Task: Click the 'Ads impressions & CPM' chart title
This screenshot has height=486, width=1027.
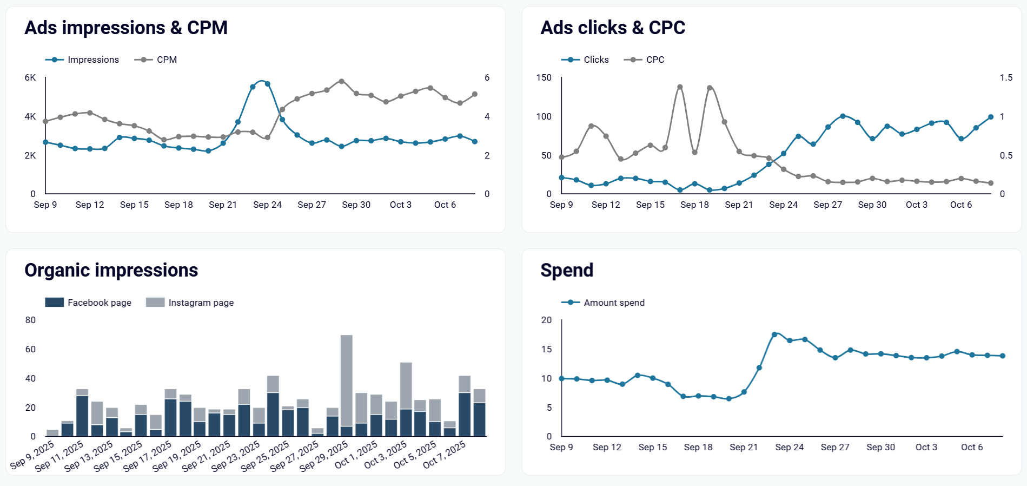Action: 125,28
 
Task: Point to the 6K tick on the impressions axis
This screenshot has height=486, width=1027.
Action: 30,77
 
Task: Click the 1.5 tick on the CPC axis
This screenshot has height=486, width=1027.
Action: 1005,77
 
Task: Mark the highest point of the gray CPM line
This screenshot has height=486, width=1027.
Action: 341,81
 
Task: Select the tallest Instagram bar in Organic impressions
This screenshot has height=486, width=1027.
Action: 347,379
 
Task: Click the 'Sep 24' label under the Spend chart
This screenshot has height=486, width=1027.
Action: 789,447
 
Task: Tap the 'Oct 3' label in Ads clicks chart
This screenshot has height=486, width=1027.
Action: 916,205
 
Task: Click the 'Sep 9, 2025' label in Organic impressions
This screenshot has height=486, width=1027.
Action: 32,455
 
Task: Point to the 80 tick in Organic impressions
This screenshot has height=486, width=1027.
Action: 30,320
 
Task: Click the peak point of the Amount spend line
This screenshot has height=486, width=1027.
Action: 774,334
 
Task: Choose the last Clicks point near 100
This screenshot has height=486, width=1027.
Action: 991,117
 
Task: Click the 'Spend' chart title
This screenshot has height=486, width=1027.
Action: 567,270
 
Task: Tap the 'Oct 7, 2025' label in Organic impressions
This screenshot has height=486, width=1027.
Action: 444,455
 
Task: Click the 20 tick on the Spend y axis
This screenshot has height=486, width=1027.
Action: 546,320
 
